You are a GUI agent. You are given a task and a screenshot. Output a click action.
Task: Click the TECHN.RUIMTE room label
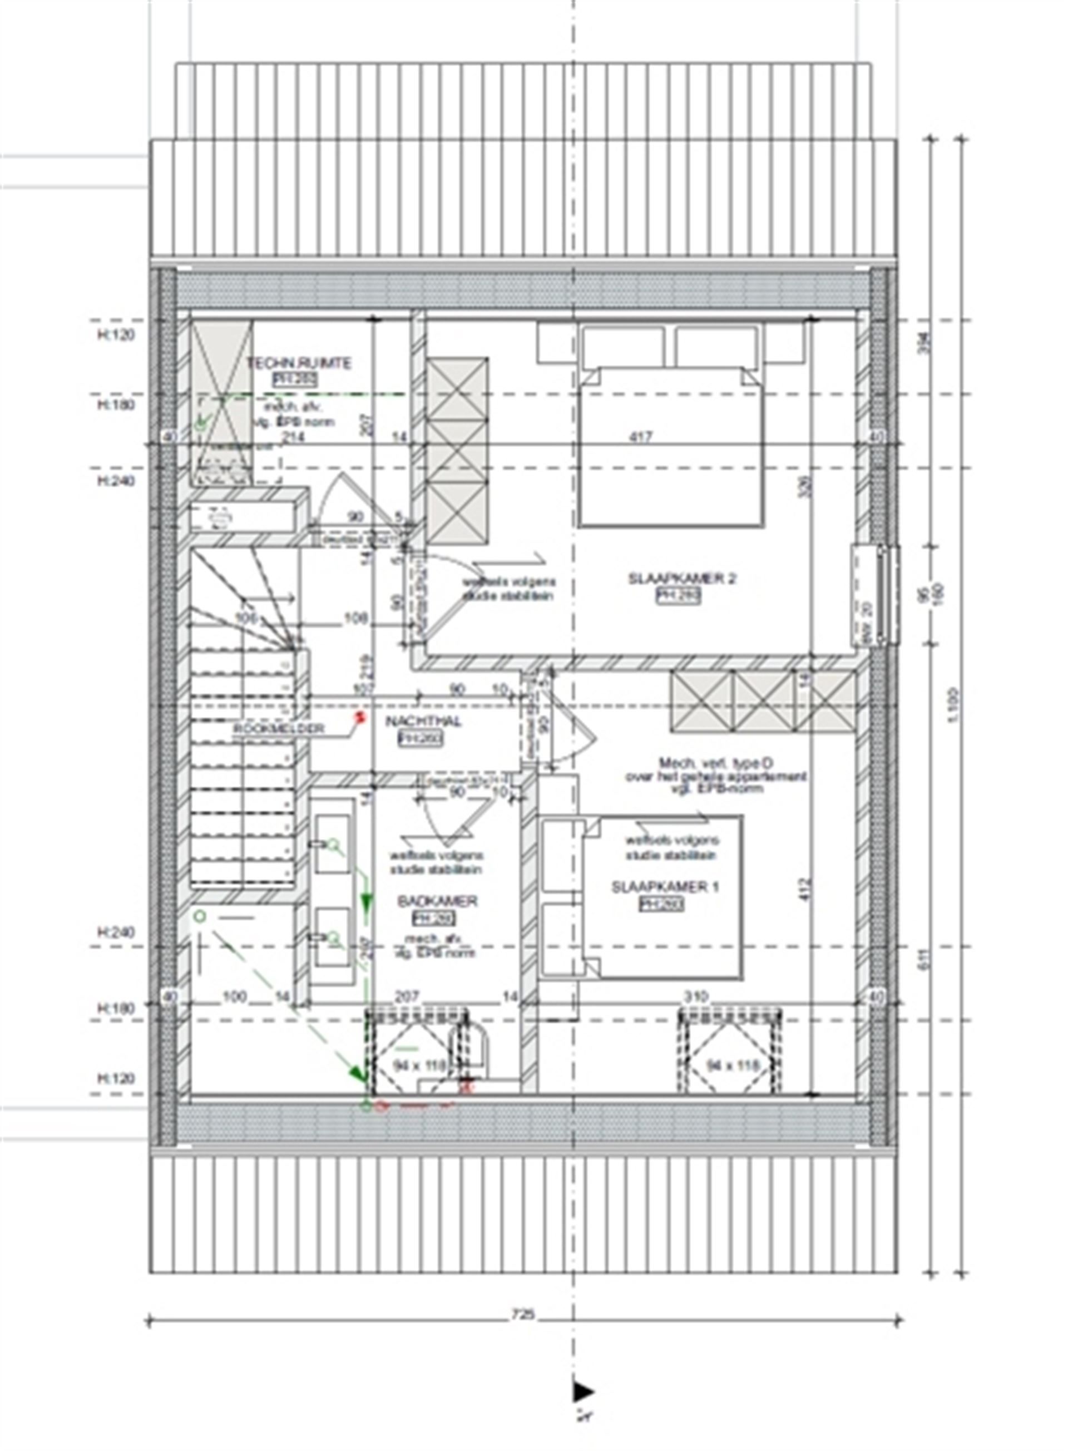299,363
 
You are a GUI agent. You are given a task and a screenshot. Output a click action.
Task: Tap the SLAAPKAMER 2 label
681,579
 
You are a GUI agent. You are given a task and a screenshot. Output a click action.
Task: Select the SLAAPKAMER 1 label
665,888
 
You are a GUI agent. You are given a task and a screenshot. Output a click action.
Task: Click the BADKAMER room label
437,901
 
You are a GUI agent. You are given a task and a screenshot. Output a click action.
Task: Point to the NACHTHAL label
423,722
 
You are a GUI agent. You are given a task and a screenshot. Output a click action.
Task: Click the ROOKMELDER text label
279,729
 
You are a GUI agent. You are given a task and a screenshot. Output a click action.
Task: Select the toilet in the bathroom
473,1051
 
